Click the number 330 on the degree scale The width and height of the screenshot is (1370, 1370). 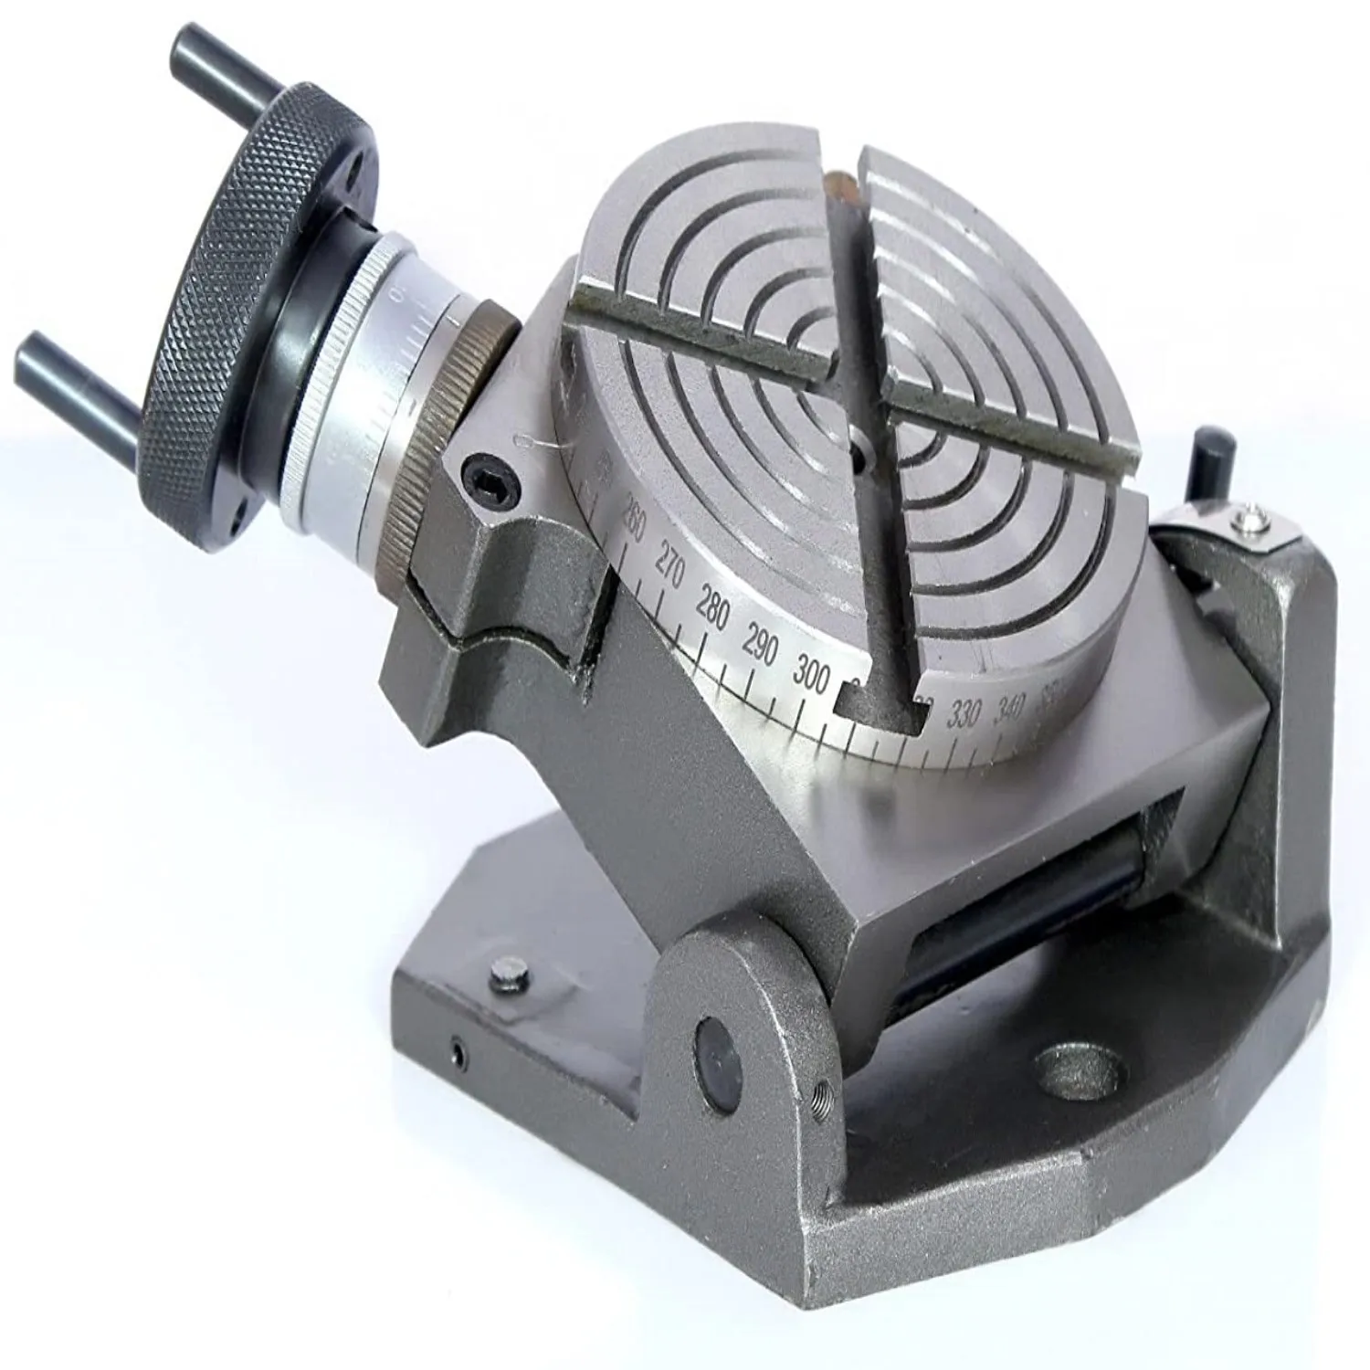coord(964,714)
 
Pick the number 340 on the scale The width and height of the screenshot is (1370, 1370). coord(1012,705)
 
